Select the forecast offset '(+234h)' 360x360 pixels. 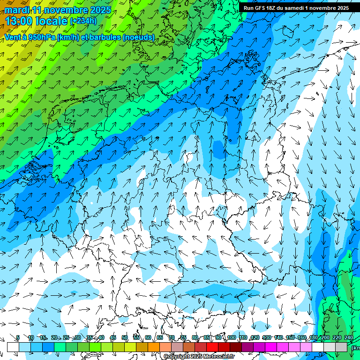pos(83,21)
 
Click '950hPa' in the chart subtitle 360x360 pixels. pos(40,37)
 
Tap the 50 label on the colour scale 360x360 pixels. pos(124,338)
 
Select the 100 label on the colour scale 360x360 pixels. pos(232,338)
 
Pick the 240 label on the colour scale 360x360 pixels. pos(349,338)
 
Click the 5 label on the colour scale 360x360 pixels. pos(18,338)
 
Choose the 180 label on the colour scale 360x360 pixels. pos(314,338)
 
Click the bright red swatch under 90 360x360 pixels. pos(212,347)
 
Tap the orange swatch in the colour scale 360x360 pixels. pos(154,347)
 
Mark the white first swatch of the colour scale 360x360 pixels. pos(13,347)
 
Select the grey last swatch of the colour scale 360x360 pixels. pos(341,347)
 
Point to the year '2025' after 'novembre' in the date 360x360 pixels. pos(99,10)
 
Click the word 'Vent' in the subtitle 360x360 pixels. pos(13,37)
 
